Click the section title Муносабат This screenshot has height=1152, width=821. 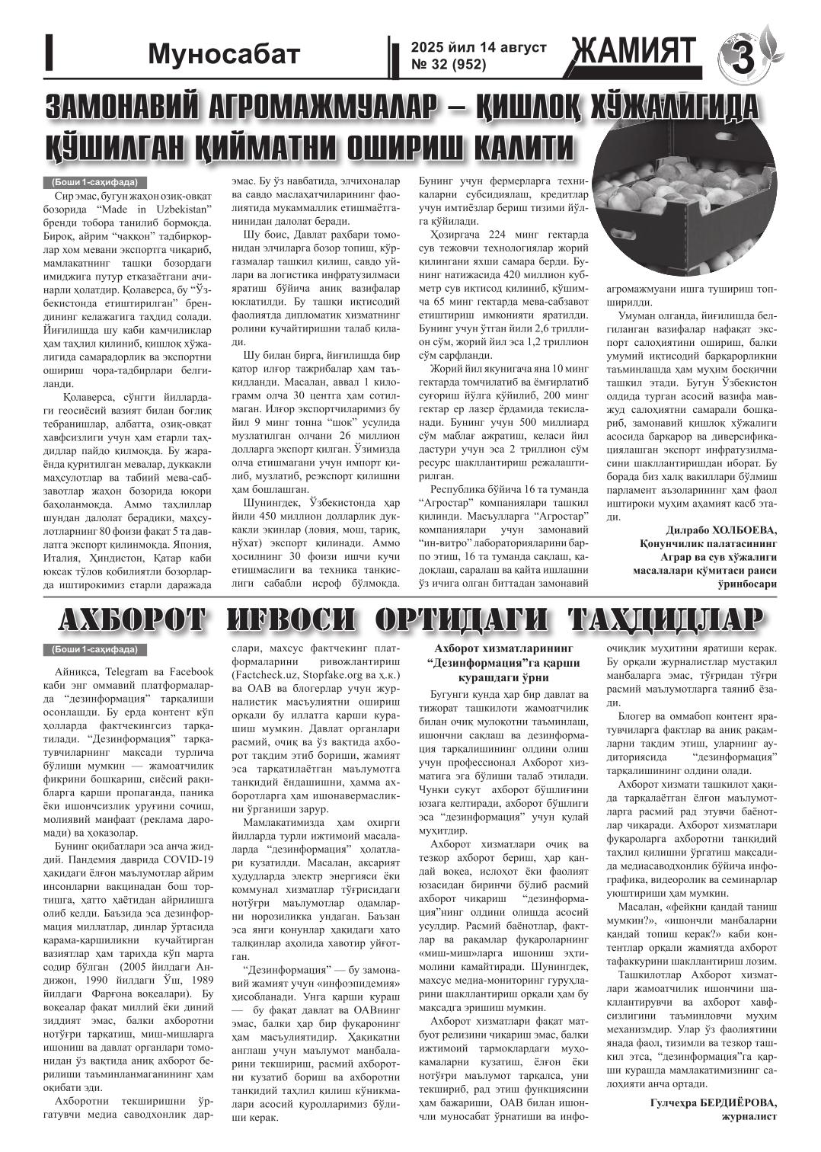(x=225, y=54)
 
